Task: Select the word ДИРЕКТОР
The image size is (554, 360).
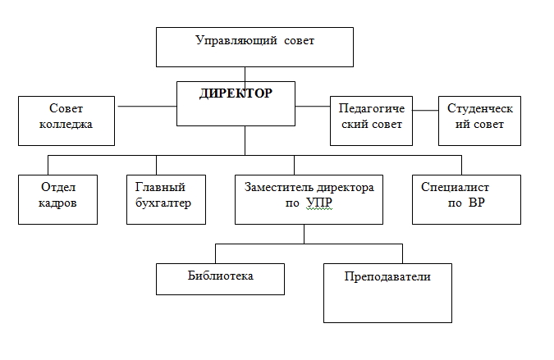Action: (236, 93)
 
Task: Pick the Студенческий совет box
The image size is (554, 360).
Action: (479, 119)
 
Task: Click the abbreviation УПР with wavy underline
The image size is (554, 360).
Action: (321, 203)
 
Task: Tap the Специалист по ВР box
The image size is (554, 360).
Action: (466, 199)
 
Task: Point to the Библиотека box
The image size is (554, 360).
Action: (220, 279)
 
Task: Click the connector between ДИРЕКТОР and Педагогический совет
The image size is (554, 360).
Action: (313, 106)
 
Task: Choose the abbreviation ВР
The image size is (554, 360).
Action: (477, 203)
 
